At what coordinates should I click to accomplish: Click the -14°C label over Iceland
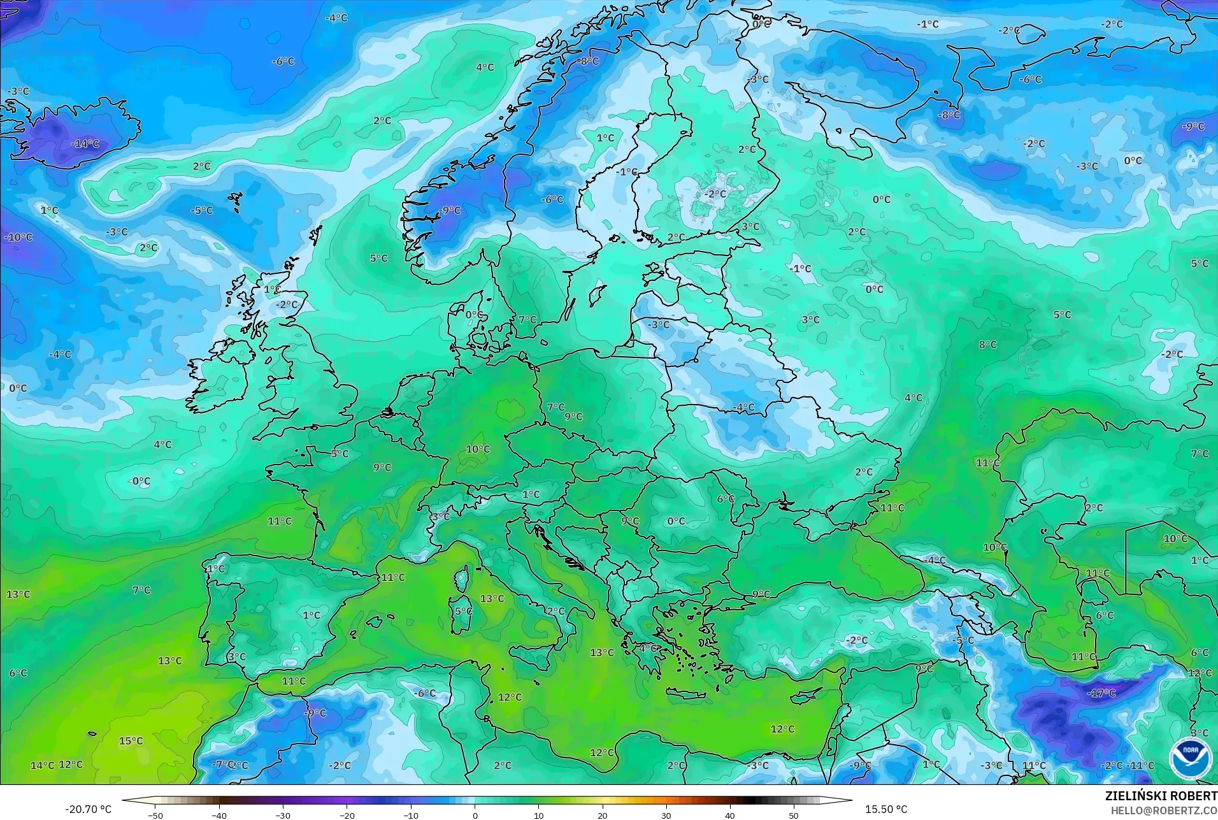pyautogui.click(x=85, y=144)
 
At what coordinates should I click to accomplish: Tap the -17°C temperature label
pyautogui.click(x=1101, y=693)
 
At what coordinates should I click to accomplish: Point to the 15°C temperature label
pyautogui.click(x=131, y=741)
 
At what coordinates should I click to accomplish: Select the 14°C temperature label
pyautogui.click(x=43, y=765)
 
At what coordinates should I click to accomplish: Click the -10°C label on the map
pyautogui.click(x=18, y=237)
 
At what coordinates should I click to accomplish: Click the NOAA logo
pyautogui.click(x=1190, y=759)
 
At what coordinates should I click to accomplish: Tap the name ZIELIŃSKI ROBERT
pyautogui.click(x=1161, y=796)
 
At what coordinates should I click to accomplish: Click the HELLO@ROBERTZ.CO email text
pyautogui.click(x=1164, y=810)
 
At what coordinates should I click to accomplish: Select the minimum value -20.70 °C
pyautogui.click(x=88, y=809)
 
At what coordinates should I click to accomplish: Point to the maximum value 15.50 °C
pyautogui.click(x=885, y=809)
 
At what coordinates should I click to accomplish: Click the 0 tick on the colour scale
pyautogui.click(x=475, y=815)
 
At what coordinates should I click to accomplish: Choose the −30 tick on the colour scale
pyautogui.click(x=283, y=815)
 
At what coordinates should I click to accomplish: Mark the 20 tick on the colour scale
pyautogui.click(x=603, y=815)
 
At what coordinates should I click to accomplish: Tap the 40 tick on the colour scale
pyautogui.click(x=730, y=815)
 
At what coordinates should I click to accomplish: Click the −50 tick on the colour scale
pyautogui.click(x=155, y=815)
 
